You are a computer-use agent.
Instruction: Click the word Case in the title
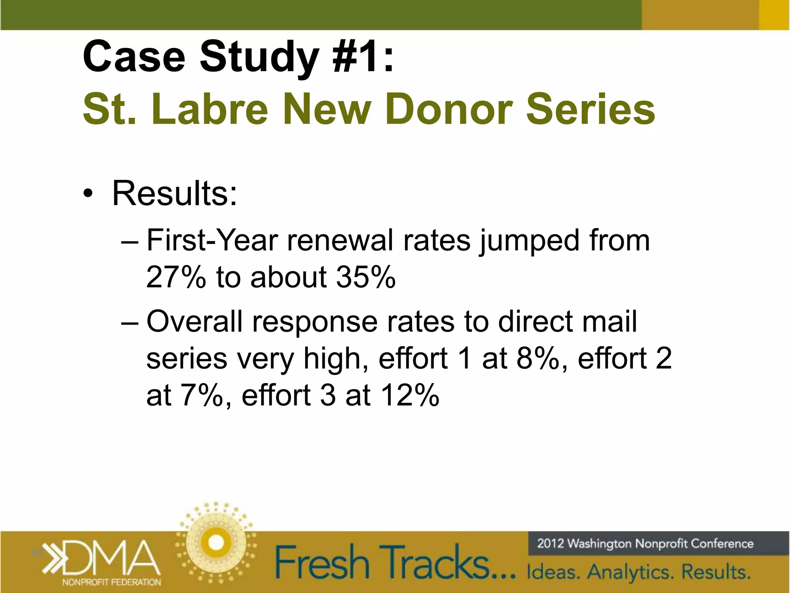click(134, 57)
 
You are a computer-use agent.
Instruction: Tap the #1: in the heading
click(363, 57)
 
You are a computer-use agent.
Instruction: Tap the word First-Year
click(212, 240)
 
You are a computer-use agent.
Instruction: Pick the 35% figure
click(366, 277)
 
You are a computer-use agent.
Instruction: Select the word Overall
click(194, 321)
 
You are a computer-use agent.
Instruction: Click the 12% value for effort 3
click(410, 395)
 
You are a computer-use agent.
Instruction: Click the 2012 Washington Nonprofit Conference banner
click(645, 544)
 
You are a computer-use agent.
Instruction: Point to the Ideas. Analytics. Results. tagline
click(638, 572)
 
